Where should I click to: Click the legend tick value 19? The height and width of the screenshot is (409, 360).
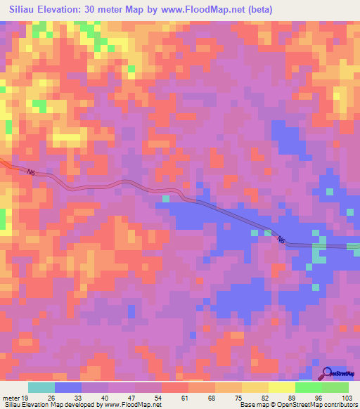click(25, 397)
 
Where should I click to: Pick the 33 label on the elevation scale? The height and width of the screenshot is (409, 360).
click(78, 397)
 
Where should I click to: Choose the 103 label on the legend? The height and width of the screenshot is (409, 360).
click(346, 397)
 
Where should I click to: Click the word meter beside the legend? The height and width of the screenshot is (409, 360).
click(10, 397)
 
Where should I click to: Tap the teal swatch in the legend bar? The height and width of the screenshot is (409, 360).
click(41, 387)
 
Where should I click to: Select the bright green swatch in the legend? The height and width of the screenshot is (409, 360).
click(309, 387)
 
